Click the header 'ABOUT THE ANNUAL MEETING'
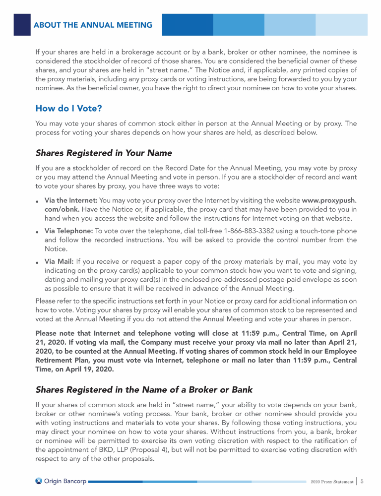pyautogui.click(x=93, y=25)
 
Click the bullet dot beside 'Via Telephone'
pyautogui.click(x=38, y=232)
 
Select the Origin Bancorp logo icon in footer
pyautogui.click(x=39, y=481)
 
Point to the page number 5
pyautogui.click(x=363, y=481)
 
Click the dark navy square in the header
pyautogui.click(x=22, y=25)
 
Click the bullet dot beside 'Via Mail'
pyautogui.click(x=38, y=262)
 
